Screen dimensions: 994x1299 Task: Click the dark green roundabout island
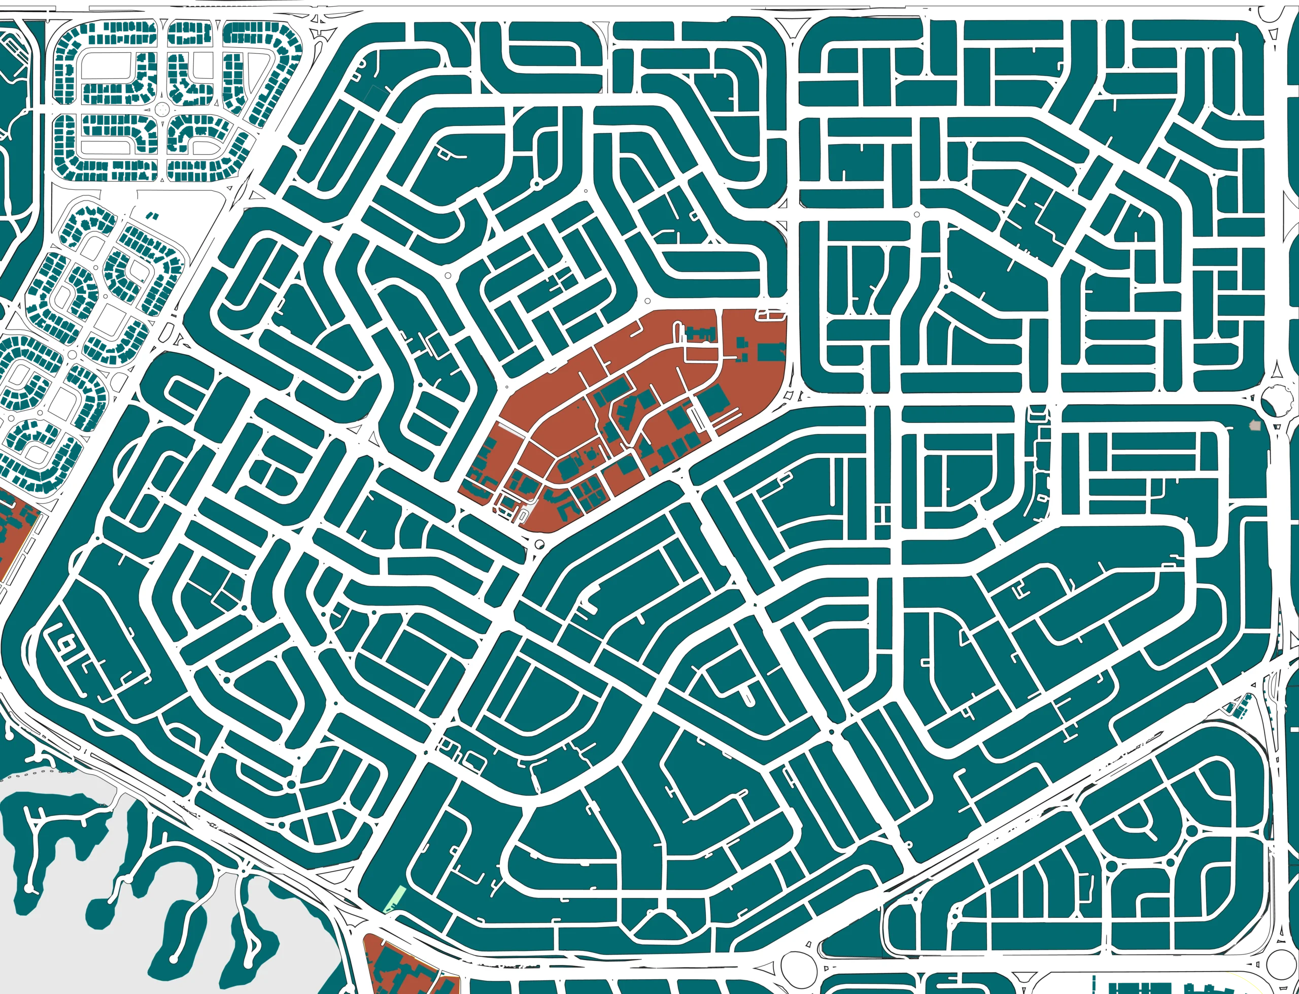click(161, 110)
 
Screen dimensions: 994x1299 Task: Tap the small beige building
click(1254, 425)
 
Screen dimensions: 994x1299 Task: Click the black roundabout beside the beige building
click(1275, 401)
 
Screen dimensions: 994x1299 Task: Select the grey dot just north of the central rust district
click(648, 301)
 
